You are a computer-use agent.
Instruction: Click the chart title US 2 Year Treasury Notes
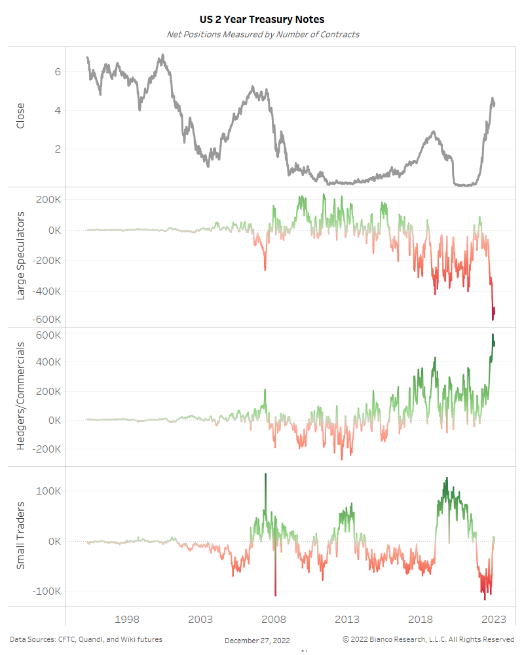pyautogui.click(x=262, y=20)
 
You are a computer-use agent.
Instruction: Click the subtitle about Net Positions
pyautogui.click(x=262, y=34)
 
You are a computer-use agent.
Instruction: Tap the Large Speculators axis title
pyautogui.click(x=20, y=256)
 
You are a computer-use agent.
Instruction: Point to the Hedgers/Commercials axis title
pyautogui.click(x=20, y=397)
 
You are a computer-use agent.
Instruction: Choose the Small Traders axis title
pyautogui.click(x=20, y=535)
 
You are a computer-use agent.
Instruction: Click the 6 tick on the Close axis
pyautogui.click(x=58, y=71)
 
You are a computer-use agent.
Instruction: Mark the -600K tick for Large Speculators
pyautogui.click(x=48, y=320)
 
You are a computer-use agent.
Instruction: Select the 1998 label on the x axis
pyautogui.click(x=127, y=620)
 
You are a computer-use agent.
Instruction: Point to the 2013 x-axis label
pyautogui.click(x=347, y=620)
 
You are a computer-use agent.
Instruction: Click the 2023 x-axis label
pyautogui.click(x=494, y=620)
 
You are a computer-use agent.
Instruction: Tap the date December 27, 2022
pyautogui.click(x=257, y=641)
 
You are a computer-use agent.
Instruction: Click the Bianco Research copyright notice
pyautogui.click(x=428, y=639)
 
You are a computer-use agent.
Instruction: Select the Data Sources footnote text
pyautogui.click(x=86, y=639)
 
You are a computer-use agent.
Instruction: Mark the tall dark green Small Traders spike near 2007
pyautogui.click(x=265, y=475)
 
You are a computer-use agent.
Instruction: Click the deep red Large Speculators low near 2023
pyautogui.click(x=493, y=319)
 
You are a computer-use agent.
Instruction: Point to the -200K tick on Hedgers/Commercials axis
pyautogui.click(x=48, y=449)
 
